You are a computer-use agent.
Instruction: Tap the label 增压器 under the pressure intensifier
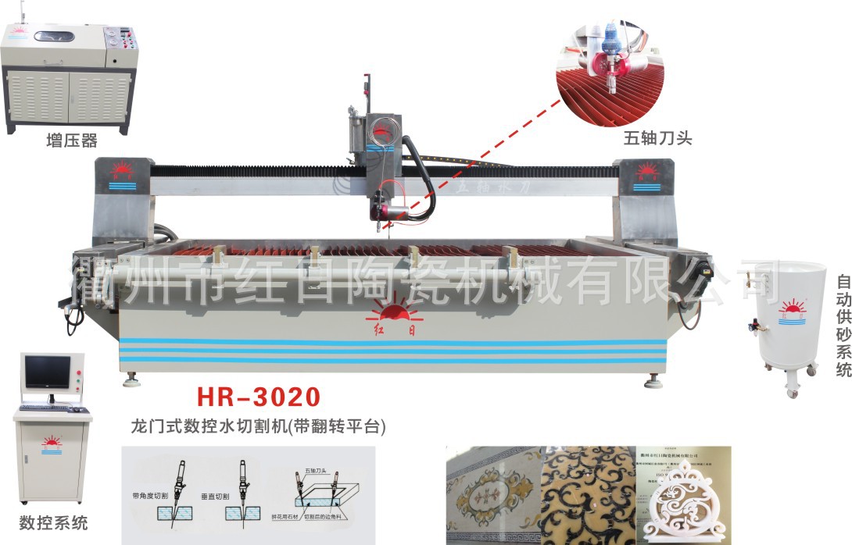point(71,141)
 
